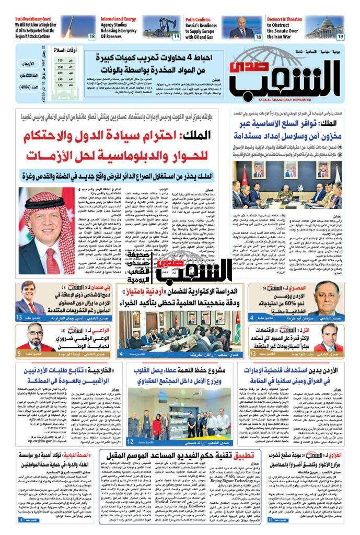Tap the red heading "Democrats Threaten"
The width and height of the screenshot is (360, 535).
284,19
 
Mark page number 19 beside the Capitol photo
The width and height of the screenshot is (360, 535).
340,37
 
